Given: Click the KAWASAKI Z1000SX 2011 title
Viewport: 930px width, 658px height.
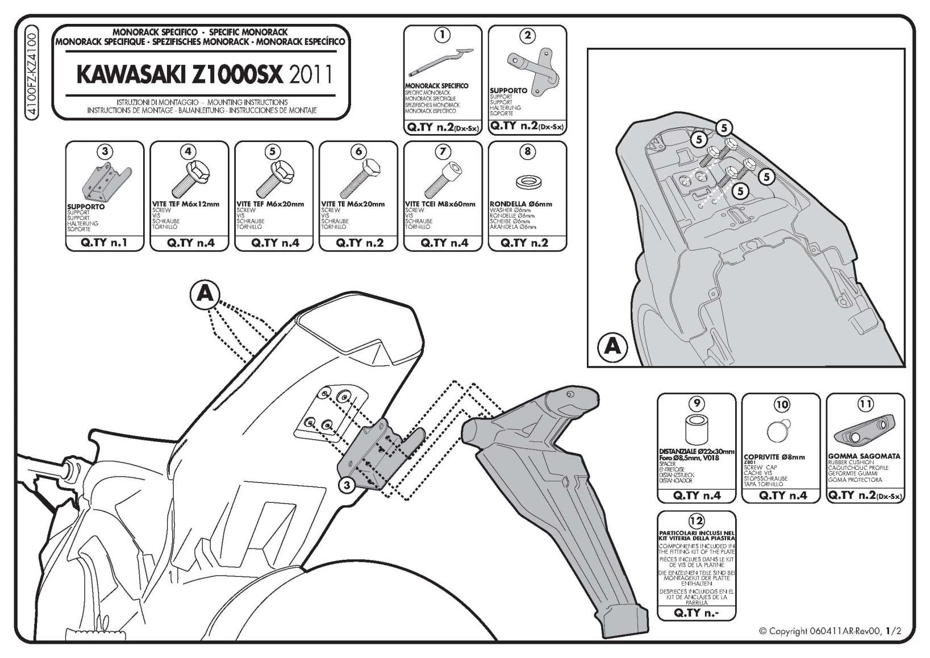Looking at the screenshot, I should coord(204,74).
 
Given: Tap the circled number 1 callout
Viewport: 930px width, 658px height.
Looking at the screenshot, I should coord(442,35).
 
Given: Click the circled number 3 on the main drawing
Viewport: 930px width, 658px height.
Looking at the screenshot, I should coord(347,485).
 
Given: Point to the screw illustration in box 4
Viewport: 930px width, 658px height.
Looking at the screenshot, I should coord(190,178).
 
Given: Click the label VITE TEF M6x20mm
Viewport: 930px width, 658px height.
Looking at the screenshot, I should coord(270,204).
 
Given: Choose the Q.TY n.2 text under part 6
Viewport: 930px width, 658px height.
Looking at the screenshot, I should coord(360,243).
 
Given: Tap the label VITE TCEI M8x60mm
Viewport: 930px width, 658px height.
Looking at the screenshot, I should coord(440,204).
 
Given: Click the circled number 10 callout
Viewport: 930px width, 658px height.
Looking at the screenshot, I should coord(782,404).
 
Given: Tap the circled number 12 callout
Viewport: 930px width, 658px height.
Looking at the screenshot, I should coord(696,520).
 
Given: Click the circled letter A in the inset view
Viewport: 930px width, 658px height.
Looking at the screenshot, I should coord(612,345).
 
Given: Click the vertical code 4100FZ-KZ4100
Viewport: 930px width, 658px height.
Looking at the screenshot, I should coord(32,74).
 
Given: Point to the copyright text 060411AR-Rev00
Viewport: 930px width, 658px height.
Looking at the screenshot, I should coord(829,631).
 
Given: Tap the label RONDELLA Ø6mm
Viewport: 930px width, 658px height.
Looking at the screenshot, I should coord(520,204).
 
